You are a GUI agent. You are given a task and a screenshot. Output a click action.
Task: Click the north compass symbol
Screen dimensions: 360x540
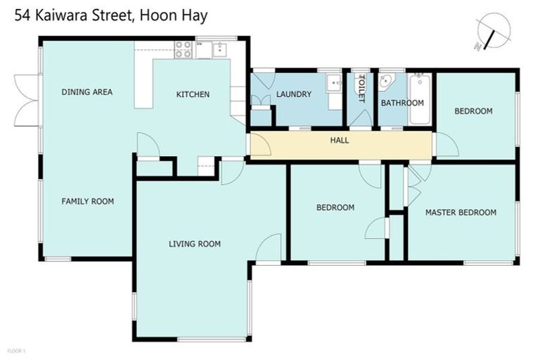click(x=490, y=32)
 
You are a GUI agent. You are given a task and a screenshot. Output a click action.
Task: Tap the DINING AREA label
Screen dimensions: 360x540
click(x=86, y=92)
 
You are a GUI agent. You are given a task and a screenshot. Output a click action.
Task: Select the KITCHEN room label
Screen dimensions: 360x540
click(x=193, y=95)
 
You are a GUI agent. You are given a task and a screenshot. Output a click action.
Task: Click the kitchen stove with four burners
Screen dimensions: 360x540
click(x=183, y=49)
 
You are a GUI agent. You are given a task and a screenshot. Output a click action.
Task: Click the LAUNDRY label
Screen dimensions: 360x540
click(x=293, y=95)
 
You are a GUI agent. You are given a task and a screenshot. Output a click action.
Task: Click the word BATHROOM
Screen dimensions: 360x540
click(x=402, y=103)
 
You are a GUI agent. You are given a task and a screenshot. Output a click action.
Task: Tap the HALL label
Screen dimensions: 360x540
click(x=340, y=141)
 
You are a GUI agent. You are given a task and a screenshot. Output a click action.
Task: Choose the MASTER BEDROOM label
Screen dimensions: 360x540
click(x=461, y=212)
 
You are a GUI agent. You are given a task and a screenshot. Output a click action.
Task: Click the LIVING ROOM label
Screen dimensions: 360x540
click(x=195, y=245)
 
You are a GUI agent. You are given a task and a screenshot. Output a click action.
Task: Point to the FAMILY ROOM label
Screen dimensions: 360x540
click(x=87, y=202)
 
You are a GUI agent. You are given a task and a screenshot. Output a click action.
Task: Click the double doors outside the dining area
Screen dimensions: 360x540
click(x=27, y=100)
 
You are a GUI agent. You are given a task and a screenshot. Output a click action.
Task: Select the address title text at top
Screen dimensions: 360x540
click(x=110, y=15)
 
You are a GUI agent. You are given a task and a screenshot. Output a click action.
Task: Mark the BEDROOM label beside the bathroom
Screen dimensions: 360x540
click(x=472, y=111)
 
